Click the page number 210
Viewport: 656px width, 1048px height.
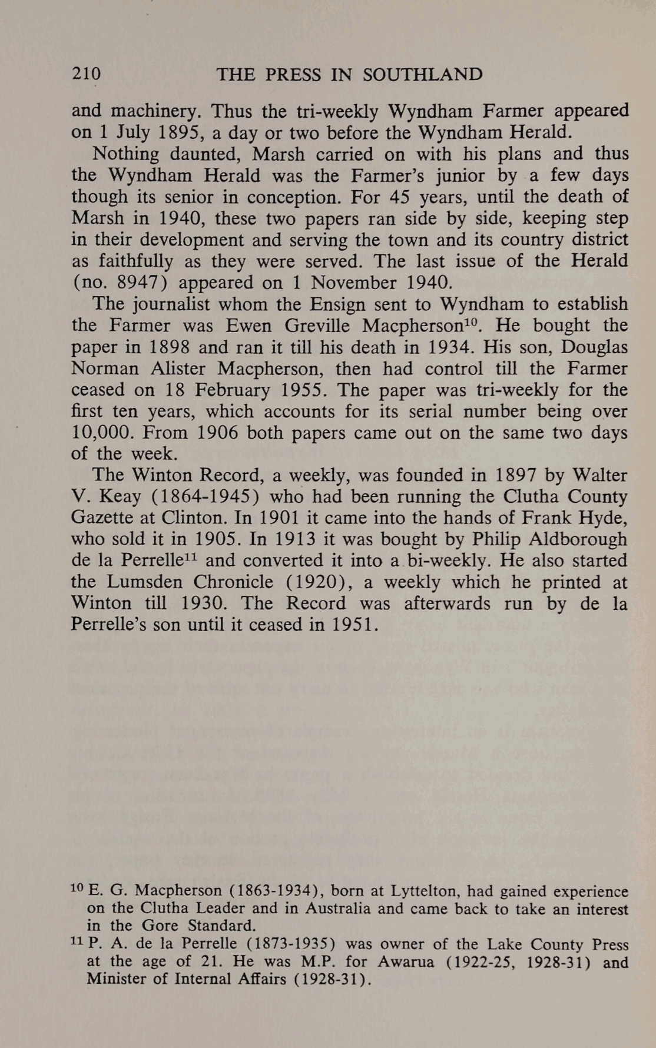coord(87,75)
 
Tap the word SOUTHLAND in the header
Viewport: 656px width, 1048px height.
coord(422,75)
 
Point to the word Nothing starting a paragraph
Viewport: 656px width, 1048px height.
coord(125,154)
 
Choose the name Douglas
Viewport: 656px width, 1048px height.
coord(594,347)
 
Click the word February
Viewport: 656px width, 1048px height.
coord(232,390)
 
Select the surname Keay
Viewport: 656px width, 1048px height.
coord(120,497)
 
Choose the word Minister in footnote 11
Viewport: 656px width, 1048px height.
coord(111,979)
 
